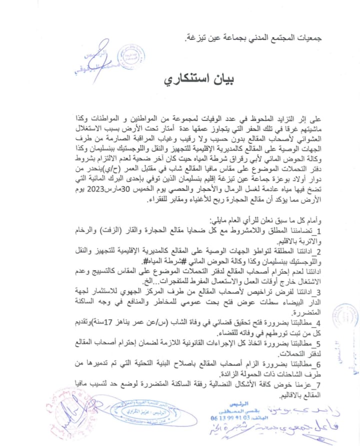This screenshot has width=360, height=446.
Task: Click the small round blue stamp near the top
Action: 131,56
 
